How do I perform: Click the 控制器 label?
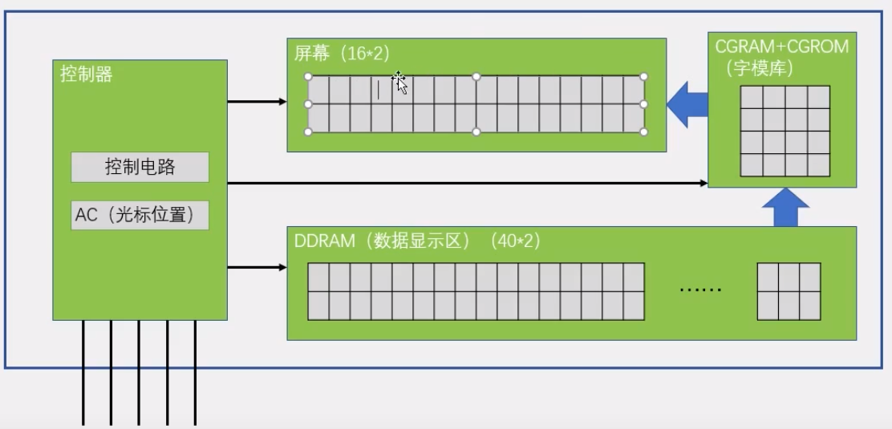(87, 75)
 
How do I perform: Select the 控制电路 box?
(140, 167)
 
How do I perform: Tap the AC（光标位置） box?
(140, 215)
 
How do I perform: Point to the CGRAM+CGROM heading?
(781, 47)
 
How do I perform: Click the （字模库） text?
(759, 68)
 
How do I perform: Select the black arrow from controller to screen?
(257, 102)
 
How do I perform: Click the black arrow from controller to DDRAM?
(257, 267)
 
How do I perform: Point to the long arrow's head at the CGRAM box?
(703, 184)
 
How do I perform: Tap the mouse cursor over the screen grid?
(399, 81)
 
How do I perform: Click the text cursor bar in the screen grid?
(379, 90)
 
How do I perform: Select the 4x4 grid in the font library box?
(785, 131)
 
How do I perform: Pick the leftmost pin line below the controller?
(83, 373)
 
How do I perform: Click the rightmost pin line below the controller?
(195, 373)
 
